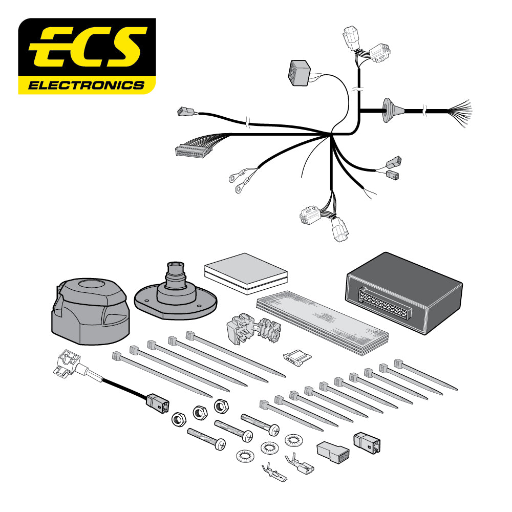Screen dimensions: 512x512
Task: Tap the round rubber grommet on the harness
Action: [x=387, y=111]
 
